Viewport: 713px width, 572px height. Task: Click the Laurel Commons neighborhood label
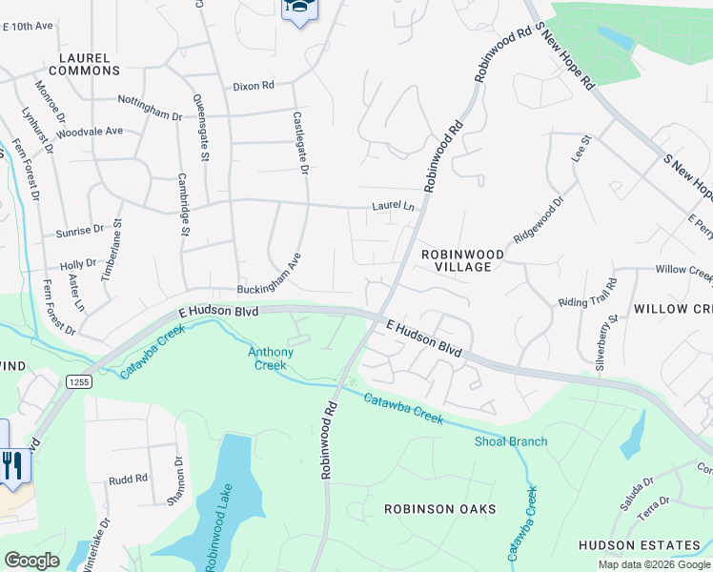click(84, 64)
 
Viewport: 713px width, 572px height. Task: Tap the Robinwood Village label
click(457, 260)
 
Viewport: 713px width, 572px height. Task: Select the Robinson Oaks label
click(439, 509)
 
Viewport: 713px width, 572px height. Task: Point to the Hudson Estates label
click(639, 545)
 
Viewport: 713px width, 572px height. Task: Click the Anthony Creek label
click(271, 358)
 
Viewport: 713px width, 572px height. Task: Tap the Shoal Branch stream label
click(511, 441)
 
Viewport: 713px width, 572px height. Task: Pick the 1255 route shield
click(79, 381)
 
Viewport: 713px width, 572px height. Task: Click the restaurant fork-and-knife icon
click(11, 465)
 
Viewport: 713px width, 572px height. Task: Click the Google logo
click(31, 560)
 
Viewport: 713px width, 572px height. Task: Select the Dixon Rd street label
click(254, 86)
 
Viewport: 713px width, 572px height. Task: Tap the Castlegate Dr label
click(300, 142)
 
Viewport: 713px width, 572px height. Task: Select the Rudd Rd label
click(128, 479)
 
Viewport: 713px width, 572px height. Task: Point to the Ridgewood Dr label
click(540, 219)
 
